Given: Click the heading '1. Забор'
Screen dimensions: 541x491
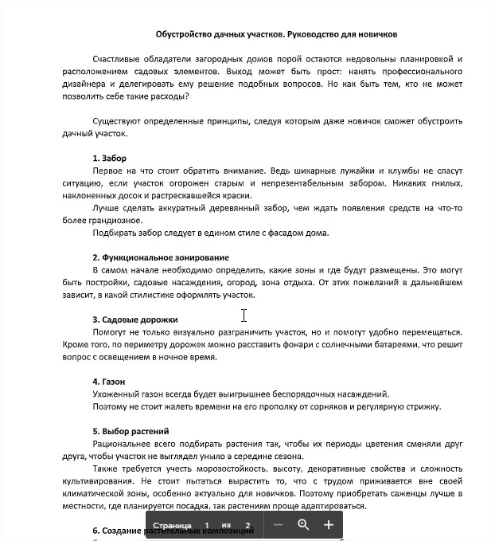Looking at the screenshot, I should (x=109, y=159).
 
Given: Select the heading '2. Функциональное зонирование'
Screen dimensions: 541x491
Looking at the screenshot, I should (x=161, y=257).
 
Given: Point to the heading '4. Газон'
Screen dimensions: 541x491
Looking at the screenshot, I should (x=109, y=382).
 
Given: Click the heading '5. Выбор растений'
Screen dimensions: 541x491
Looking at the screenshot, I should (x=131, y=431).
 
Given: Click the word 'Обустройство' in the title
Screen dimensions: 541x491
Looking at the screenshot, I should (x=182, y=34).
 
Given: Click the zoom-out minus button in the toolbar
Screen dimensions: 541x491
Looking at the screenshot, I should (x=278, y=525).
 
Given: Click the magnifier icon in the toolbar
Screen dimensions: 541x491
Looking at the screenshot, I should (x=303, y=525).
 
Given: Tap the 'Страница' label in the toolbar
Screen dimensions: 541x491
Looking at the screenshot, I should (x=171, y=526).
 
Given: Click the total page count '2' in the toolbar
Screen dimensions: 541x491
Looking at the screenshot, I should (x=248, y=526).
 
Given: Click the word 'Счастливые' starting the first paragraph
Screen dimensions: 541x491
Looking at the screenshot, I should (x=118, y=60).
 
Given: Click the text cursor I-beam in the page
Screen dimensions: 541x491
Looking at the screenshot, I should (x=244, y=316).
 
